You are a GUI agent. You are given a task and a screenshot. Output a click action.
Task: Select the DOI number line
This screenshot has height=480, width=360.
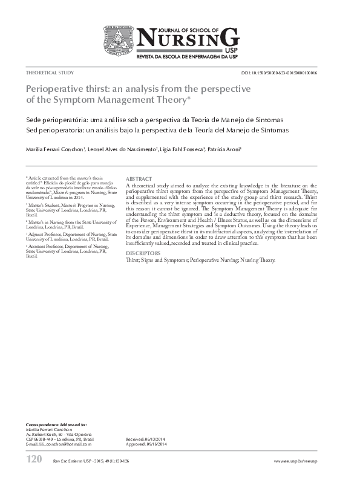pos(287,73)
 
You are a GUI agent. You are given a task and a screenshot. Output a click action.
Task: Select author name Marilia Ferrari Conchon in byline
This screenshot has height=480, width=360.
pos(54,149)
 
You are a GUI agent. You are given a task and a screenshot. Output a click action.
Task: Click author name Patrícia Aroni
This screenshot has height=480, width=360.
pos(224,149)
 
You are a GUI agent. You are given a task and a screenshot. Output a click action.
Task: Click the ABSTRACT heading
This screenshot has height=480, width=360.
pos(139,180)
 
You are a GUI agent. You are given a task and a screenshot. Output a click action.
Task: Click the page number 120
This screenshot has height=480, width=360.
pos(34,460)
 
